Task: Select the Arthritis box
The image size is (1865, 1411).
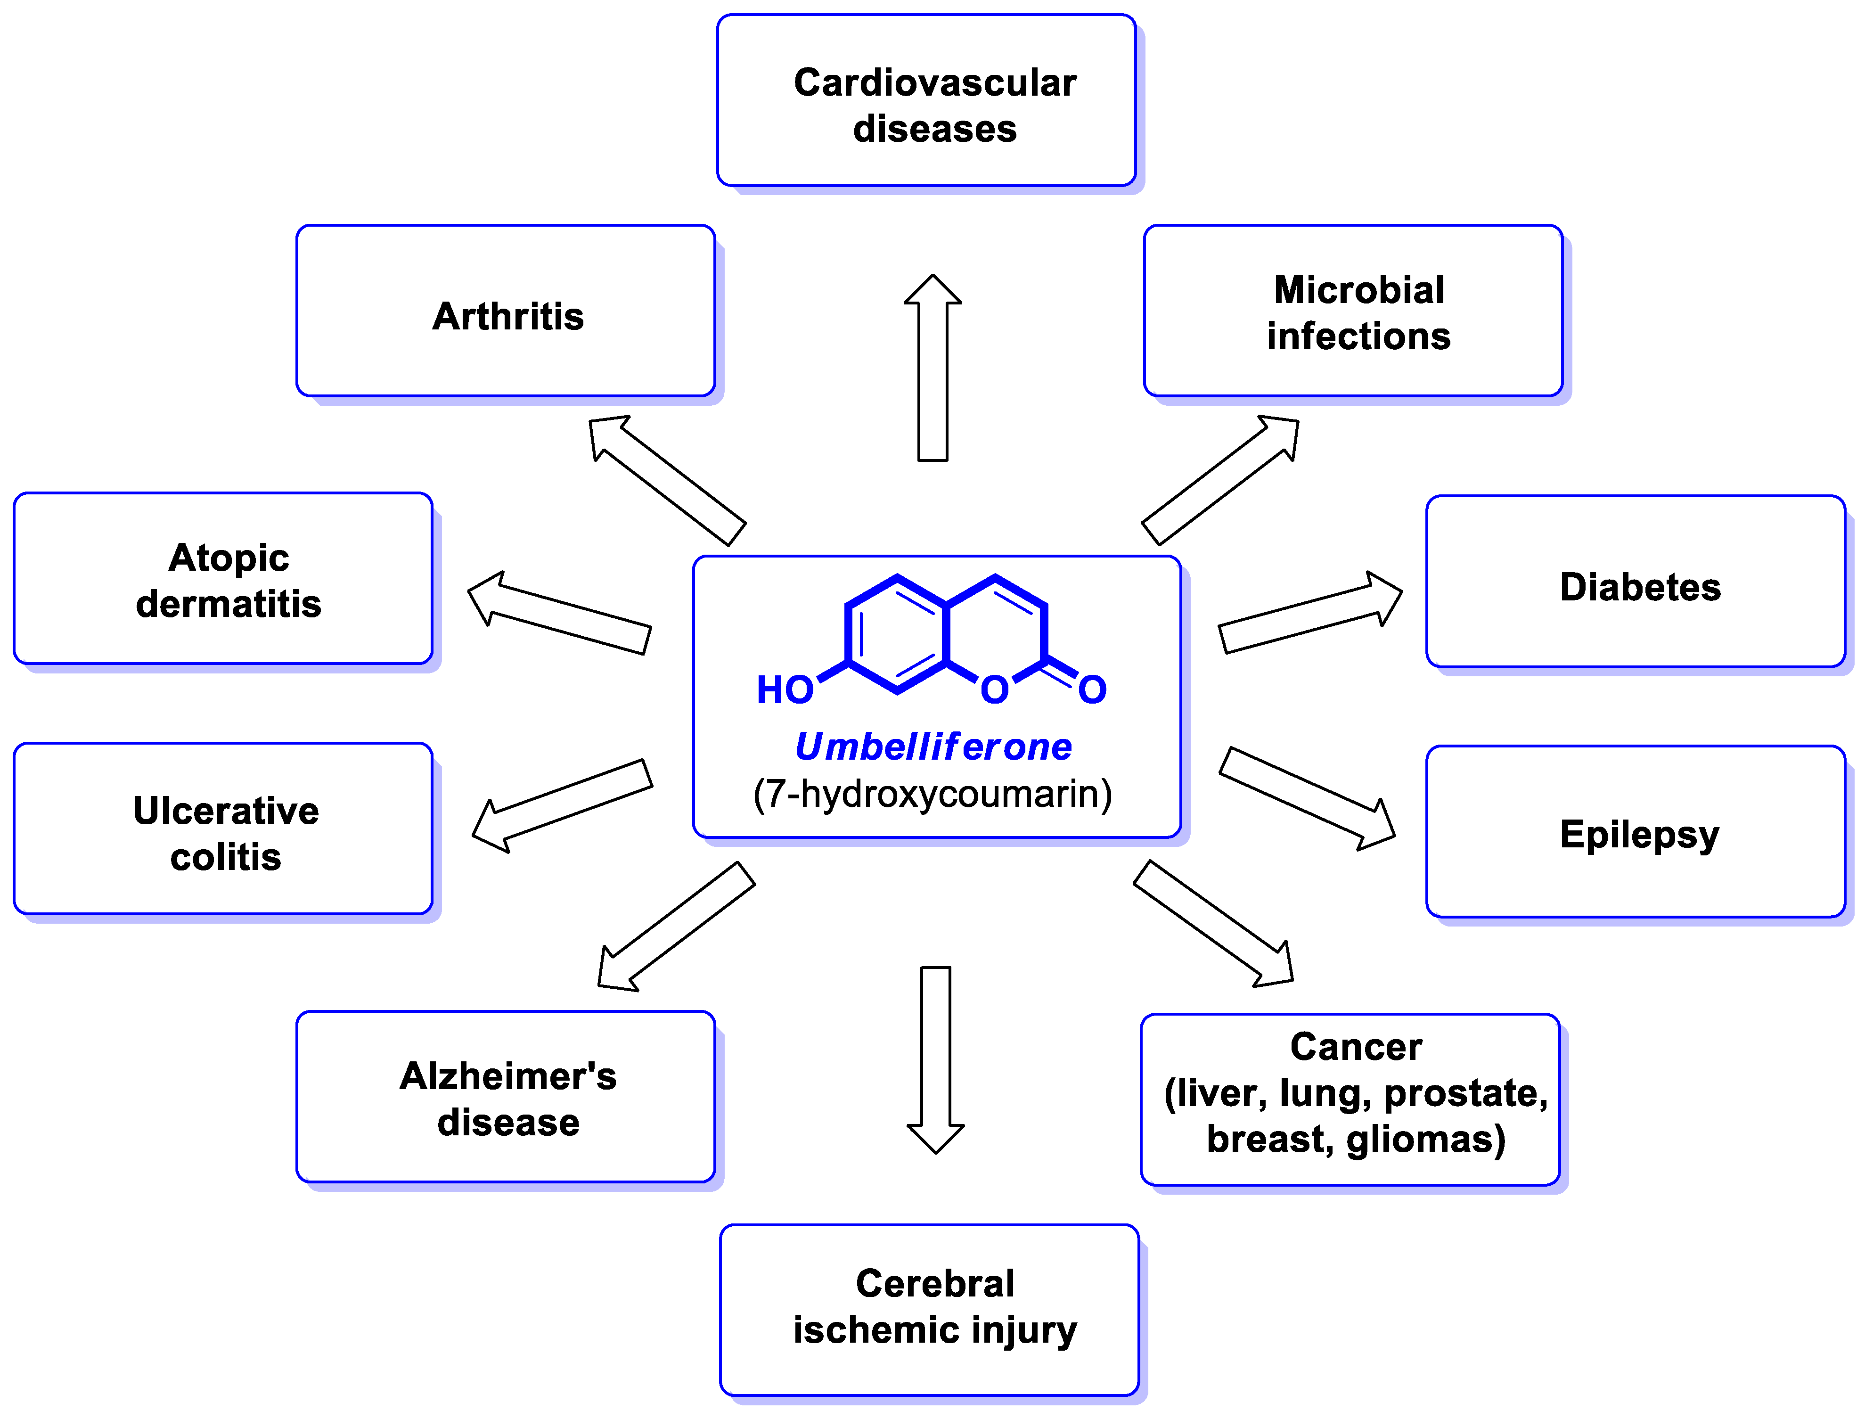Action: click(x=506, y=312)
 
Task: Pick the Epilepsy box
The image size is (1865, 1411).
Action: click(x=1636, y=833)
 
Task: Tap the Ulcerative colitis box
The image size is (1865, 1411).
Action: click(x=223, y=831)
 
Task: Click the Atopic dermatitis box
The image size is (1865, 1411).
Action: click(x=223, y=580)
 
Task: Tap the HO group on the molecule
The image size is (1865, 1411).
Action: click(x=784, y=690)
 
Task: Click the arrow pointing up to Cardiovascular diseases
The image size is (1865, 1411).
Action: click(x=932, y=371)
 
